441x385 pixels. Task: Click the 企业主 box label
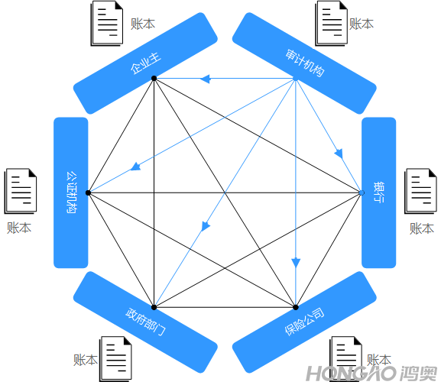click(x=146, y=64)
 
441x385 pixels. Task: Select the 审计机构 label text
click(x=305, y=63)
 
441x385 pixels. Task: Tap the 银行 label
click(x=378, y=192)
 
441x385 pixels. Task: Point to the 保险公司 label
click(x=305, y=322)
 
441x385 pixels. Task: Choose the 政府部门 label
click(x=145, y=322)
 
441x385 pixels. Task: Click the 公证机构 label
click(x=71, y=192)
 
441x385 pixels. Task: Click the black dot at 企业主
click(x=154, y=78)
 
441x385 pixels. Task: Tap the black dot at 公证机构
click(x=88, y=192)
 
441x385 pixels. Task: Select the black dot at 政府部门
click(x=154, y=307)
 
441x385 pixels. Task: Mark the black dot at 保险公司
click(x=296, y=307)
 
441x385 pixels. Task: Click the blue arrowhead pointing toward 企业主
click(x=206, y=79)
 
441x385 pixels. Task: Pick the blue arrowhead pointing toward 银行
click(x=339, y=154)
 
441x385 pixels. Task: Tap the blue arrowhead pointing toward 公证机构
click(x=135, y=167)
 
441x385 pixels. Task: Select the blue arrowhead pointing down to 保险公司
click(x=296, y=263)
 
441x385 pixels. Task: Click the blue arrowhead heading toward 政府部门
click(x=206, y=227)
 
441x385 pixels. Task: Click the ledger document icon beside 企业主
click(x=106, y=24)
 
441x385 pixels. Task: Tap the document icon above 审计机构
click(x=331, y=24)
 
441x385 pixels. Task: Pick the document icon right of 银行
click(x=421, y=191)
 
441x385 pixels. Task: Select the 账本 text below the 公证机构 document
click(x=19, y=228)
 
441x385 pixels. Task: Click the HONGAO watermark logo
click(x=372, y=374)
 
